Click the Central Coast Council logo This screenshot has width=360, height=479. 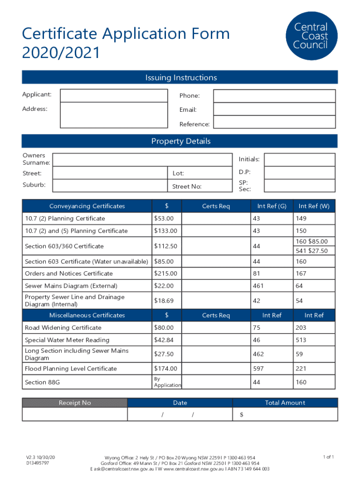(x=310, y=36)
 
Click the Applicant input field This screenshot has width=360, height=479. (x=114, y=96)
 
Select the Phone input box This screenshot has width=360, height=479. (x=274, y=96)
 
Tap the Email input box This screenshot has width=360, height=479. (x=274, y=109)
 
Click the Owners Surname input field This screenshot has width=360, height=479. (x=143, y=160)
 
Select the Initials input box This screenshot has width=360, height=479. (x=299, y=160)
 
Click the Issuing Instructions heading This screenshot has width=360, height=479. (x=180, y=78)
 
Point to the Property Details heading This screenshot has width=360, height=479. (x=180, y=141)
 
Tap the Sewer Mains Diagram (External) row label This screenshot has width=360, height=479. (x=71, y=286)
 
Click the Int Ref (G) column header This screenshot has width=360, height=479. (x=272, y=206)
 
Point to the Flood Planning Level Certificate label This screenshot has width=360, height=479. (x=71, y=369)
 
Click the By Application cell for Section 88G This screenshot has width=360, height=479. (x=167, y=382)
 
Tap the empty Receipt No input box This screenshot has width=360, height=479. (x=75, y=414)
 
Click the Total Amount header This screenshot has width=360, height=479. (x=285, y=403)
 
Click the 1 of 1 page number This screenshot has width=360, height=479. (x=328, y=457)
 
